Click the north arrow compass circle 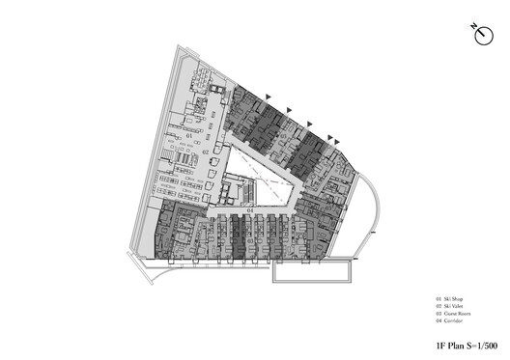point(481,35)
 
